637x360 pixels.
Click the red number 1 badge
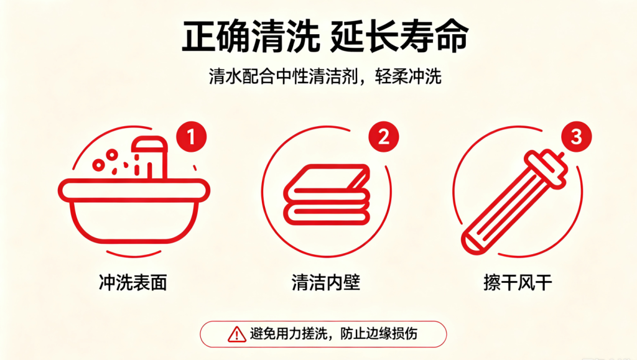click(192, 137)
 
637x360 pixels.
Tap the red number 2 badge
click(383, 137)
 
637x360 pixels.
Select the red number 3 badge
click(576, 137)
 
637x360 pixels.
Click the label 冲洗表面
click(133, 282)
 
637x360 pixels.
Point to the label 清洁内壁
click(326, 282)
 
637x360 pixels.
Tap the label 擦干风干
click(518, 282)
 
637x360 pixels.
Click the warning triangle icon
click(236, 335)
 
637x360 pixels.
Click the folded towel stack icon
click(327, 195)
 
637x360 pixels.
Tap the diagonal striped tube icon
click(514, 201)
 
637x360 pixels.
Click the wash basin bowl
click(134, 211)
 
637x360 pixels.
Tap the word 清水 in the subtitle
click(225, 76)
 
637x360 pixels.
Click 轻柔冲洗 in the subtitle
click(408, 76)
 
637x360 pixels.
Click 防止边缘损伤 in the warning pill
click(379, 334)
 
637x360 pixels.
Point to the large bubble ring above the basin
click(111, 155)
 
